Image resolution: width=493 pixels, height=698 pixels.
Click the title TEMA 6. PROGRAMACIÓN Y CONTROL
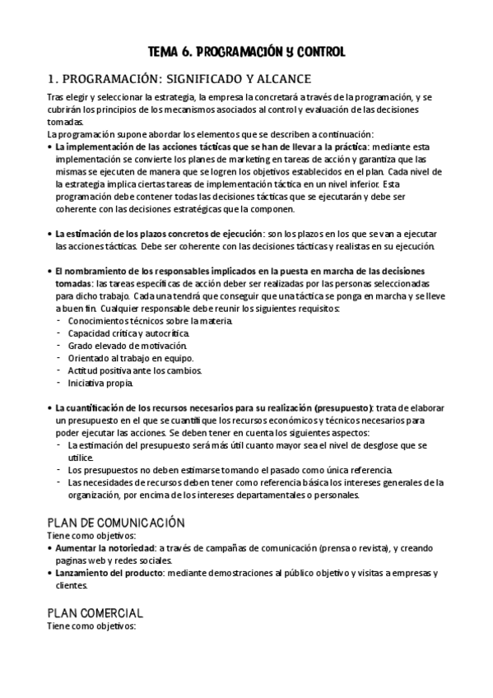pyautogui.click(x=246, y=52)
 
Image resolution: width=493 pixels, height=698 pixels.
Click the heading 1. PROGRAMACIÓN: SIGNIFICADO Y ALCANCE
pyautogui.click(x=179, y=79)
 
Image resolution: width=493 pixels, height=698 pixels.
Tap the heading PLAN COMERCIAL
pyautogui.click(x=95, y=613)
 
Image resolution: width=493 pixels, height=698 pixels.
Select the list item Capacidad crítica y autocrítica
pyautogui.click(x=128, y=333)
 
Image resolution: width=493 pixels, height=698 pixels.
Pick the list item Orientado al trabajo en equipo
pyautogui.click(x=131, y=358)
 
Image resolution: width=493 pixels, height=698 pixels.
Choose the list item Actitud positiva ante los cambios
pyautogui.click(x=135, y=370)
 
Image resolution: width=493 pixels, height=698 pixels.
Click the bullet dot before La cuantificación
pyautogui.click(x=49, y=408)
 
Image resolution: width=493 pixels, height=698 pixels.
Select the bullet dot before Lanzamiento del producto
pyautogui.click(x=49, y=572)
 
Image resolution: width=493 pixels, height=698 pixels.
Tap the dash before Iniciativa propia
pyautogui.click(x=58, y=383)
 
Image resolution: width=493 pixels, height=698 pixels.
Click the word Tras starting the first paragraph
pyautogui.click(x=55, y=98)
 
